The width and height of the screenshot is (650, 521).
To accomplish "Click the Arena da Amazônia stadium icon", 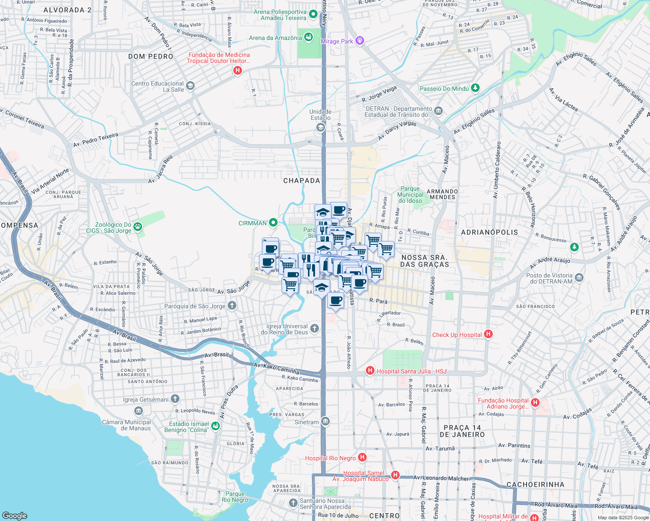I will point(308,37).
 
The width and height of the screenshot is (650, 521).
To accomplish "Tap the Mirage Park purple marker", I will point(359,41).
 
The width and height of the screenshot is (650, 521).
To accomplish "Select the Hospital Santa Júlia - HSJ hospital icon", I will point(370,370).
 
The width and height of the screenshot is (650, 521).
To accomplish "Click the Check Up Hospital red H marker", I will point(488,334).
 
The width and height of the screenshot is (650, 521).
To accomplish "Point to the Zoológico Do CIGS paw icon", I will point(138,226).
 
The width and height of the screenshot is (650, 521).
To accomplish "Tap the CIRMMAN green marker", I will point(273,223).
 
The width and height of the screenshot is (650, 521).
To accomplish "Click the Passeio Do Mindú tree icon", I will point(475,88).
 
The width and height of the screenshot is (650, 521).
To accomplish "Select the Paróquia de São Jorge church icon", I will point(232,306).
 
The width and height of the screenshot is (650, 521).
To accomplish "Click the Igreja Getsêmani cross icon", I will point(175,399).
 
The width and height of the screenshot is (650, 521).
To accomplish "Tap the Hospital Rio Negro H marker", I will point(362,457).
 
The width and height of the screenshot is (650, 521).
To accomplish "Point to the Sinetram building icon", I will point(325,421).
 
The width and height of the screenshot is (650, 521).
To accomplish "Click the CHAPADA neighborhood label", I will point(302,181).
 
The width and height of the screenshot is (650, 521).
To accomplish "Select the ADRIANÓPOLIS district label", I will point(489,232).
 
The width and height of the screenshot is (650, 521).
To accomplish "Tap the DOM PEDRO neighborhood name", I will point(151,56).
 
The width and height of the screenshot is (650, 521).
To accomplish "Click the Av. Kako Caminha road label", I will point(277,369).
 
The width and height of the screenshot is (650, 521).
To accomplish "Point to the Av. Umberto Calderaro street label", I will point(497,170).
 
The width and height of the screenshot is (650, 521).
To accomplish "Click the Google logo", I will point(15,515).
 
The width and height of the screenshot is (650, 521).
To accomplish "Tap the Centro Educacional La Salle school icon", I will point(190,86).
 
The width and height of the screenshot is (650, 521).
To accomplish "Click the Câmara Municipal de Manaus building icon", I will point(139,411).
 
